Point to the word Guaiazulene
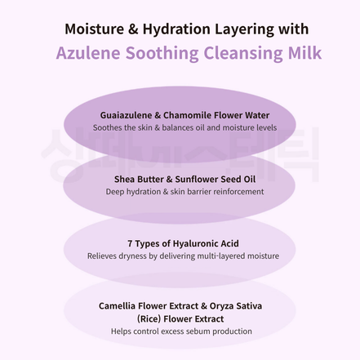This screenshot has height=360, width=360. [x=126, y=115]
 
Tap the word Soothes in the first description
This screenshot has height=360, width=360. [x=109, y=127]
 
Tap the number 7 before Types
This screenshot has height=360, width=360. [x=130, y=243]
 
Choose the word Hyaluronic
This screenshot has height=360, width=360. [x=189, y=243]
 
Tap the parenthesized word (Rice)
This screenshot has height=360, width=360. [x=151, y=318]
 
